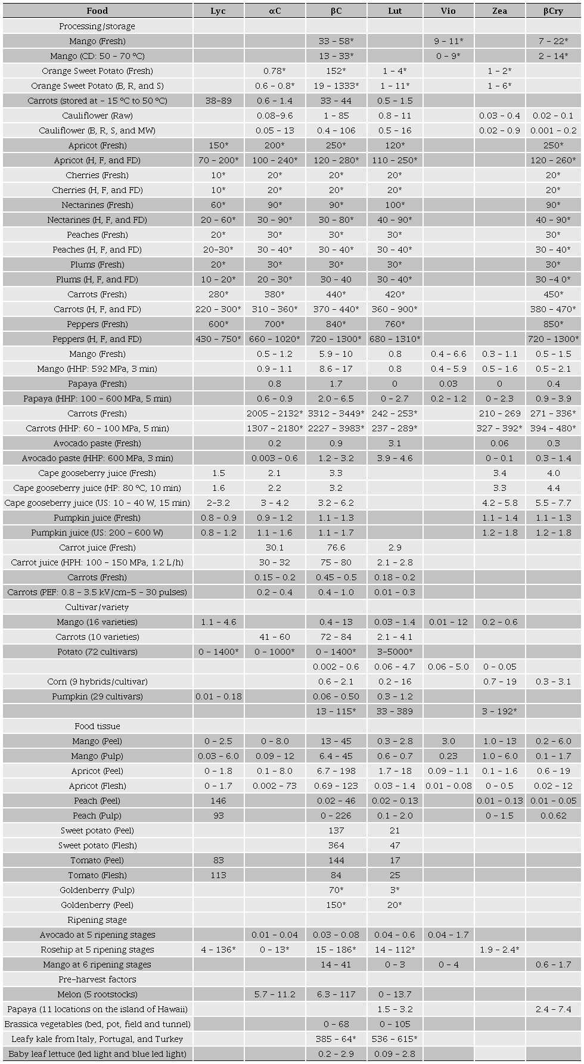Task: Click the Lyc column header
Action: tap(218, 11)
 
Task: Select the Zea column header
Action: tap(499, 11)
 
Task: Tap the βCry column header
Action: tap(553, 11)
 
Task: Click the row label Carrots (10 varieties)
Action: tap(97, 637)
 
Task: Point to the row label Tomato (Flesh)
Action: tap(97, 875)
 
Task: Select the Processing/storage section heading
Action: tap(97, 26)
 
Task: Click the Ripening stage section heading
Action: tap(97, 920)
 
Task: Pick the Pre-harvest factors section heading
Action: tap(97, 979)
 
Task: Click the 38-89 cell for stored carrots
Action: tap(218, 101)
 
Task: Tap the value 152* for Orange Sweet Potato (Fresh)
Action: tap(336, 71)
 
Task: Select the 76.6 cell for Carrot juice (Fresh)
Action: tap(336, 547)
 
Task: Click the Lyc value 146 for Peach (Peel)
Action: tap(218, 801)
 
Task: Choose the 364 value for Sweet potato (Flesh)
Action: tap(336, 845)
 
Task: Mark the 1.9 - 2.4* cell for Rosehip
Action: tap(499, 950)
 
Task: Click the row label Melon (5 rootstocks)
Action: tap(97, 994)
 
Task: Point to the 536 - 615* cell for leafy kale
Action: tap(394, 1039)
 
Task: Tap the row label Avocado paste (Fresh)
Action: tap(97, 443)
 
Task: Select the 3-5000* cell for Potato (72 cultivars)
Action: tap(394, 652)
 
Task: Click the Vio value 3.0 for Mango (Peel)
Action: tap(448, 741)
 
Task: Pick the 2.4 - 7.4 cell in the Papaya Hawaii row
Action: tap(553, 1009)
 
